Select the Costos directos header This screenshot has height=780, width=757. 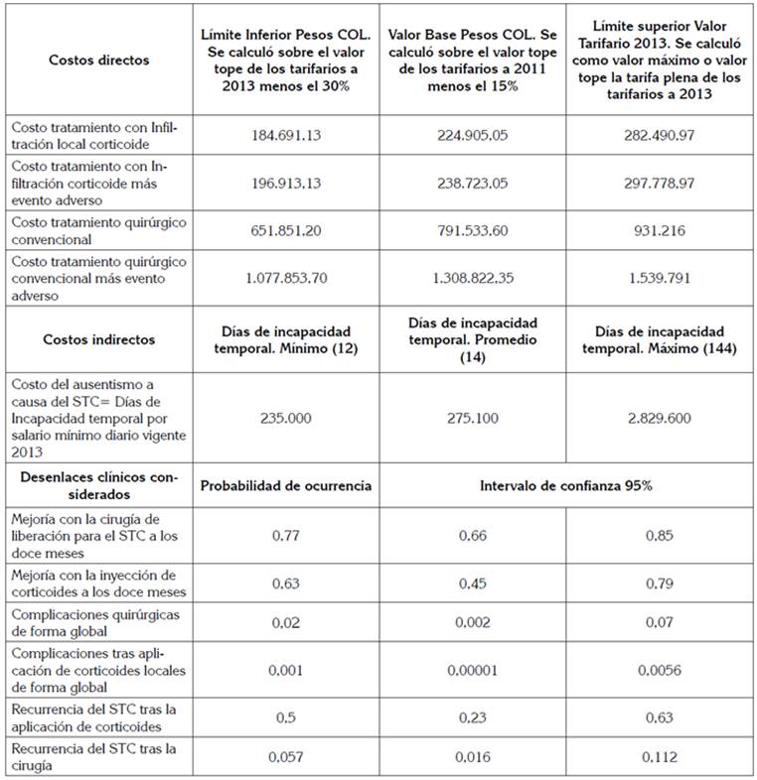(x=98, y=60)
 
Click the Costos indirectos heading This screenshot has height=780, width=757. (x=98, y=339)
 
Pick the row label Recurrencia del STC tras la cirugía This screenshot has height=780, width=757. (x=93, y=757)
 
